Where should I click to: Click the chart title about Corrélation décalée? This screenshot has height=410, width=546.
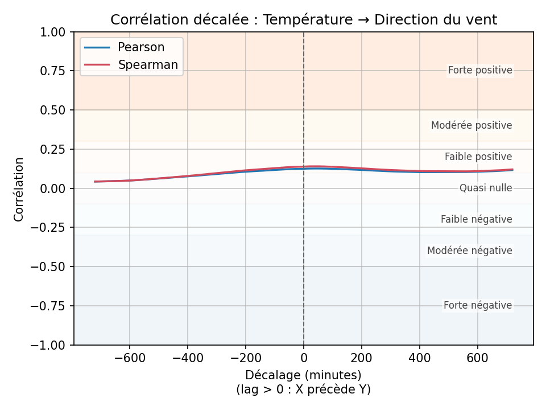(304, 20)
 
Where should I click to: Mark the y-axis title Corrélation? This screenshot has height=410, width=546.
(19, 189)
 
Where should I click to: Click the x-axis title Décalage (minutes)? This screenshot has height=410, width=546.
(303, 375)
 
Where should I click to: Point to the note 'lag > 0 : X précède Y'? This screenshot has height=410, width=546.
(303, 389)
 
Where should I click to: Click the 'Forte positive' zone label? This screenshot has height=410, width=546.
(480, 71)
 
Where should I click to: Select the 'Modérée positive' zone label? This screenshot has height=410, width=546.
(471, 125)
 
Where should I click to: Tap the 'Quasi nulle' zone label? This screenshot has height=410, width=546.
(486, 188)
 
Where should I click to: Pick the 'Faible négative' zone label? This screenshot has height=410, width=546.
(476, 219)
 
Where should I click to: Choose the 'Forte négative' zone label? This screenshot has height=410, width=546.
(478, 306)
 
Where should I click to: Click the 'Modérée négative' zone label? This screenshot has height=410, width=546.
(469, 251)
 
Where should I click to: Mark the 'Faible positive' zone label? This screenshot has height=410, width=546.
(478, 157)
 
